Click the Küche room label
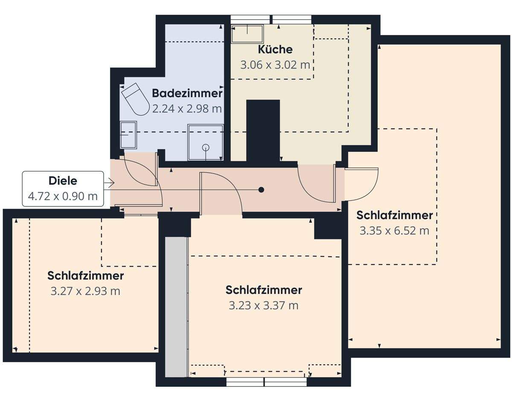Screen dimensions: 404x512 [275, 49]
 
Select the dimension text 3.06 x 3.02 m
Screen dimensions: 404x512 [275, 65]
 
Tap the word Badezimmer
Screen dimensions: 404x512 [187, 93]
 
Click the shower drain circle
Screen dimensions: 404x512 [206, 148]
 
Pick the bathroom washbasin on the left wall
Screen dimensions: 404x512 [128, 134]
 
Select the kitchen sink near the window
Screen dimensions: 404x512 [247, 34]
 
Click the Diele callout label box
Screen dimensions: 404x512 [63, 189]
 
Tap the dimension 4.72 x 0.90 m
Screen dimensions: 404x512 [63, 197]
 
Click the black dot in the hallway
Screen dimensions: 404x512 [262, 190]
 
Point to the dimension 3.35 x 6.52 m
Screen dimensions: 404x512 [394, 231]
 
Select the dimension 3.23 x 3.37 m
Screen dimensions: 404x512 [264, 306]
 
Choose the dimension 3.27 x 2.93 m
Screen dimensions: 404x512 [85, 291]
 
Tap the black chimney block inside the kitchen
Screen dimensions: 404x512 [263, 130]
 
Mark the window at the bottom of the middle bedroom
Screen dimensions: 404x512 [266, 382]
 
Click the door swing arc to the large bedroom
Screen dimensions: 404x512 [362, 184]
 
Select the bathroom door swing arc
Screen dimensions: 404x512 [140, 171]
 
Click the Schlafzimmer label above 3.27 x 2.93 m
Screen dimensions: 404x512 [85, 276]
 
